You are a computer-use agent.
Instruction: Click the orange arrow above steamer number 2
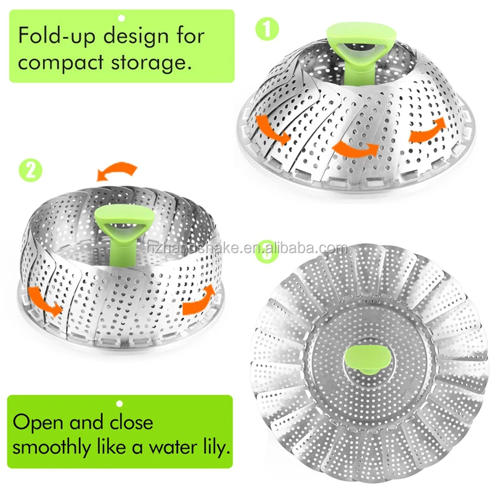[x=117, y=171]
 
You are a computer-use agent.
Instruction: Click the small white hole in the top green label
[x=121, y=18]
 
